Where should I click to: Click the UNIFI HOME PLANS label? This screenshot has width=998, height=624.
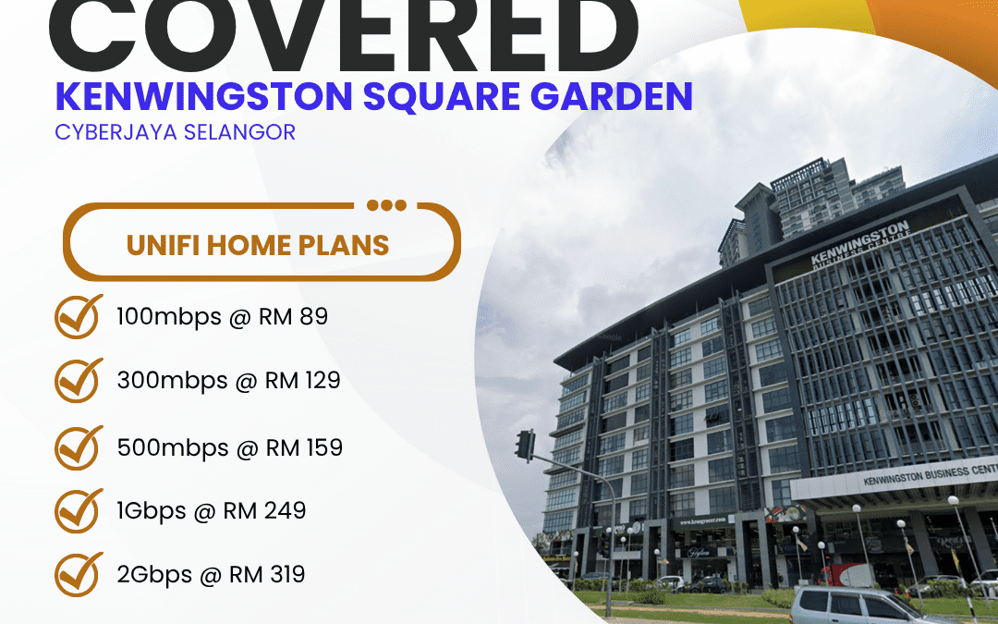click(x=258, y=245)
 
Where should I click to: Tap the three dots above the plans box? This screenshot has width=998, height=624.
click(x=385, y=205)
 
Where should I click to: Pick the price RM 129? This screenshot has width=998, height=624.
click(x=302, y=380)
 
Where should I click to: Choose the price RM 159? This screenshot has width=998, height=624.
click(x=303, y=448)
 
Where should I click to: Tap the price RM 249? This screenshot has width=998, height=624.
click(x=264, y=510)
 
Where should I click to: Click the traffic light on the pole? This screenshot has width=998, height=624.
click(x=525, y=445)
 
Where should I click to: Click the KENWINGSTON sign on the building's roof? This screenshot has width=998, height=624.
click(x=859, y=243)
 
